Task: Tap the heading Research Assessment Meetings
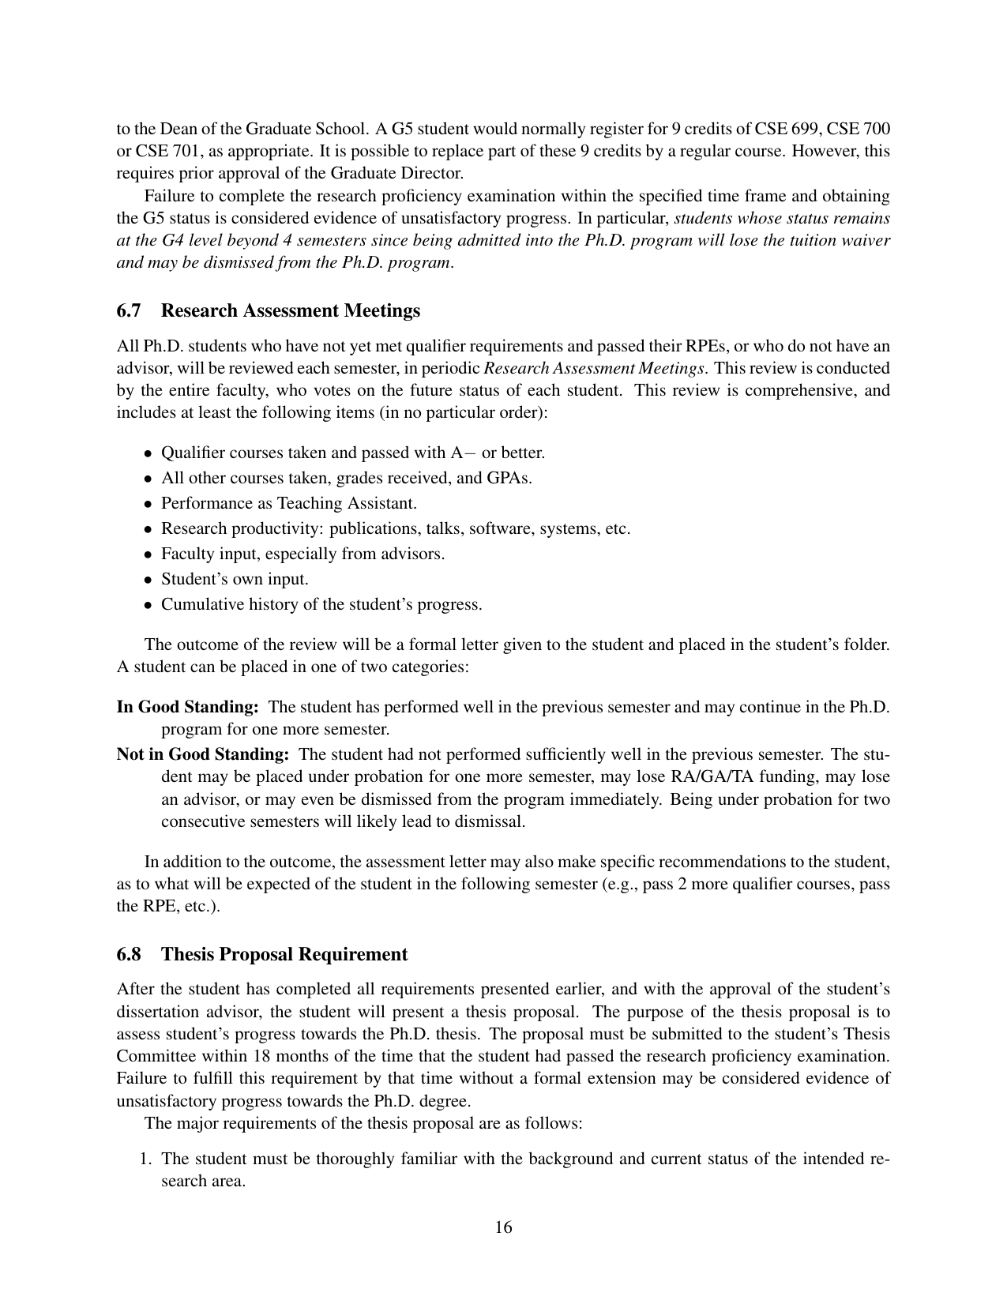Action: point(290,310)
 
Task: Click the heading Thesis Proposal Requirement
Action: point(284,954)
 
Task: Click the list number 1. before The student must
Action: point(146,1159)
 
